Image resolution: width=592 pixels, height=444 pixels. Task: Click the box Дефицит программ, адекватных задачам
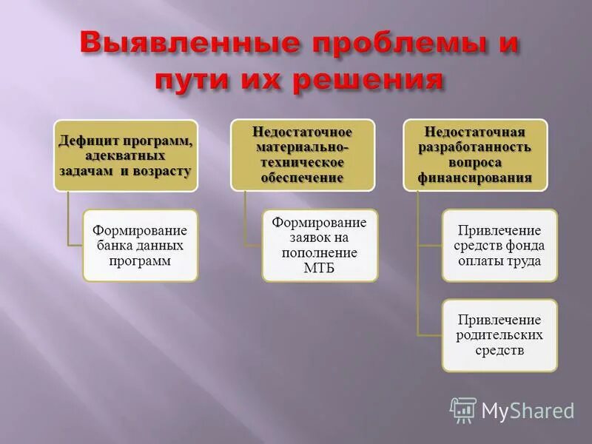126,155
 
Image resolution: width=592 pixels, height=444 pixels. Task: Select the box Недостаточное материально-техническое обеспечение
303,155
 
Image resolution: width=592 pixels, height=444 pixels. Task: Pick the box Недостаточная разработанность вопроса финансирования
474,155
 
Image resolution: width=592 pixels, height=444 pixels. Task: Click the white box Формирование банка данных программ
140,245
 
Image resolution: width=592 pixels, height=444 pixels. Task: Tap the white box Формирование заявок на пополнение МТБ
320,245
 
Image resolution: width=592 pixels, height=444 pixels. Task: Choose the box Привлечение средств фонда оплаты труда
499,245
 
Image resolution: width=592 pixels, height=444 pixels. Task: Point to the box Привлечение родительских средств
499,335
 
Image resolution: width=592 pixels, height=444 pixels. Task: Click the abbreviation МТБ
320,267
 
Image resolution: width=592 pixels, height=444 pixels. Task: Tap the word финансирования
474,178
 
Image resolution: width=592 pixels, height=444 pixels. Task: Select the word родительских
499,335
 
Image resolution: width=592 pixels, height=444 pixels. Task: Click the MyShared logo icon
463,410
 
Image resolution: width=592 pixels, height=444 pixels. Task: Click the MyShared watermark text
528,411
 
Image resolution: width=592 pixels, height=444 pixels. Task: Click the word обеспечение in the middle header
303,178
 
